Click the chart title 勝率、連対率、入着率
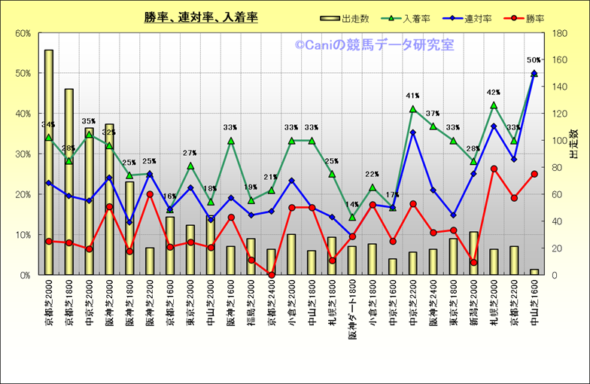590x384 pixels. [201, 17]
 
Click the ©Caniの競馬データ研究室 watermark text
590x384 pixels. [374, 45]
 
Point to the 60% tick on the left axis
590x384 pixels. [20, 33]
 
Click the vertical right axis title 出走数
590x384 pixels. [574, 143]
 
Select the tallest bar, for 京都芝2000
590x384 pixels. [49, 162]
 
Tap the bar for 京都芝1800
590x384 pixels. [69, 181]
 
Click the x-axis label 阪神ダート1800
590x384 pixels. [352, 312]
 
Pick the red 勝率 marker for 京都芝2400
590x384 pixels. [272, 275]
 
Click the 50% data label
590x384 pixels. [534, 60]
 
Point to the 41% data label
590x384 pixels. [412, 96]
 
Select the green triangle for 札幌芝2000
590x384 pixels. [494, 105]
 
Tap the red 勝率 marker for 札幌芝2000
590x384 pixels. [494, 169]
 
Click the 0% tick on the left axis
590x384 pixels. [23, 275]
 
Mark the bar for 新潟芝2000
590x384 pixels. [473, 253]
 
